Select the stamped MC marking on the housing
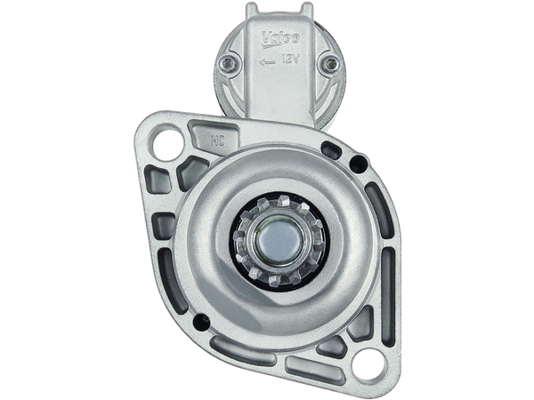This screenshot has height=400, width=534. click(215, 139)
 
